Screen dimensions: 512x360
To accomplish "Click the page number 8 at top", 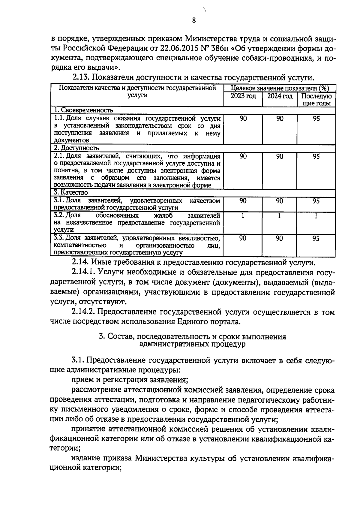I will coord(193,20).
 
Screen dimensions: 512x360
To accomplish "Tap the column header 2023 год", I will coord(243,96).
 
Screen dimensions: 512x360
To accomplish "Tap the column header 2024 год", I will coord(280,96).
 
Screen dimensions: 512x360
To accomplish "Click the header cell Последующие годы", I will coord(316,100).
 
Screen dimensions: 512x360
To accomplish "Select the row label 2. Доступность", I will coord(76,148).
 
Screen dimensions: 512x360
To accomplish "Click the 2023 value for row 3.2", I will coord(243,216).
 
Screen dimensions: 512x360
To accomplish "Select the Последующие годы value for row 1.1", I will coord(316,119).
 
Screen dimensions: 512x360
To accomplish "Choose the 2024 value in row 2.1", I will coord(280,156).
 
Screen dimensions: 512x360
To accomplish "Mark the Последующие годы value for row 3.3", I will coord(316,239).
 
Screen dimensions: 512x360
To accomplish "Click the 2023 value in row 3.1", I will coord(243,201).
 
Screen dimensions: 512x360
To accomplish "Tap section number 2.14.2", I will coord(83,312).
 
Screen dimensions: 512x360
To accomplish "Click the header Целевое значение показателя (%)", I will coord(280,88).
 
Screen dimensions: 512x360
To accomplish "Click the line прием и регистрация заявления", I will coord(130,380).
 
